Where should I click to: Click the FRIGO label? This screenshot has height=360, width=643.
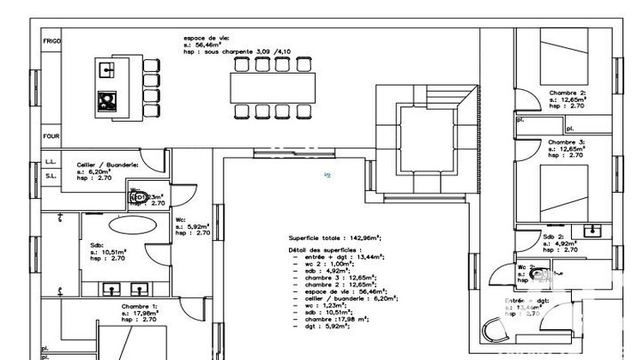click(x=51, y=40)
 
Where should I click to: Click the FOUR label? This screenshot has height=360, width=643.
click(x=51, y=135)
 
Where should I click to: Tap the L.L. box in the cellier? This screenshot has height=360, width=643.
click(x=51, y=161)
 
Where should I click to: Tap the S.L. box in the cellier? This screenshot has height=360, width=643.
click(x=51, y=177)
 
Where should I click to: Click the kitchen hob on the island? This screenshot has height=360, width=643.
click(x=108, y=100)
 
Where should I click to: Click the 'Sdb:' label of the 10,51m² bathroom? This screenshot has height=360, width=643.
click(x=97, y=244)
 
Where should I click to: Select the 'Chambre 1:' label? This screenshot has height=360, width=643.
click(x=139, y=306)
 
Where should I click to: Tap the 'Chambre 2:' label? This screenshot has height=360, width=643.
click(x=567, y=92)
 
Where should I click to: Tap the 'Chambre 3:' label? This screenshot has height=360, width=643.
click(x=567, y=141)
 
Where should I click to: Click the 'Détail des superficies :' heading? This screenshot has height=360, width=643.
click(x=327, y=249)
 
